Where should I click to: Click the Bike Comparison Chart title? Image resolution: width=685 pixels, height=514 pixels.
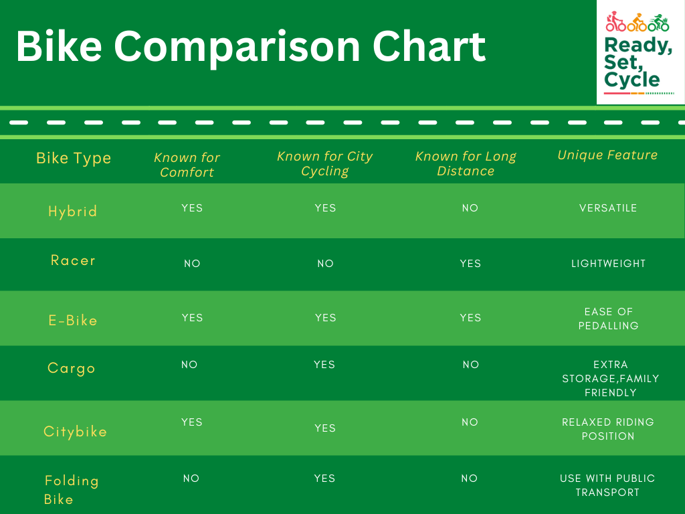pyautogui.click(x=251, y=48)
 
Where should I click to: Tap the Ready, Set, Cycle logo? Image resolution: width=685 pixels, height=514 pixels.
pyautogui.click(x=640, y=52)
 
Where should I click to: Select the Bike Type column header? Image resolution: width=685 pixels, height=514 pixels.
pyautogui.click(x=74, y=158)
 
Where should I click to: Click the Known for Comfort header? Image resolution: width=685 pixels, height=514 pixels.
pyautogui.click(x=187, y=165)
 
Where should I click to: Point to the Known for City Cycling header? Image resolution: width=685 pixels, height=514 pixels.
pyautogui.click(x=325, y=163)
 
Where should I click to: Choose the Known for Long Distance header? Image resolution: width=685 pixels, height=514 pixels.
pyautogui.click(x=466, y=163)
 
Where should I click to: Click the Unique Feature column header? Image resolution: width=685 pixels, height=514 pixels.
pyautogui.click(x=607, y=155)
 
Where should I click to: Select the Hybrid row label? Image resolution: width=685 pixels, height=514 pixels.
pyautogui.click(x=72, y=211)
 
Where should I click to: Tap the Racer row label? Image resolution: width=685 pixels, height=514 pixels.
pyautogui.click(x=73, y=260)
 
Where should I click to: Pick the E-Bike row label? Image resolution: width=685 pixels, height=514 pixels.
pyautogui.click(x=73, y=321)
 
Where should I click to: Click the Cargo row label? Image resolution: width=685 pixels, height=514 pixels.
pyautogui.click(x=71, y=369)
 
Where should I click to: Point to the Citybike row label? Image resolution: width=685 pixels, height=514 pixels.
pyautogui.click(x=75, y=432)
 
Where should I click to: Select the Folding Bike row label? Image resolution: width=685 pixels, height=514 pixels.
pyautogui.click(x=72, y=490)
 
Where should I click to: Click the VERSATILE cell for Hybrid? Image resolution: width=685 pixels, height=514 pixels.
pyautogui.click(x=608, y=208)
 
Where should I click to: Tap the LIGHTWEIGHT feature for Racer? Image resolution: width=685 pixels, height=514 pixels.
pyautogui.click(x=609, y=264)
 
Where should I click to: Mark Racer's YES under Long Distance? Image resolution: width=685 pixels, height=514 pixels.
pyautogui.click(x=470, y=264)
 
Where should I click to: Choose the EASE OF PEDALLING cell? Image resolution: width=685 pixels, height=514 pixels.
pyautogui.click(x=609, y=319)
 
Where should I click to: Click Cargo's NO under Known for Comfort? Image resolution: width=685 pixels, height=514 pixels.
pyautogui.click(x=189, y=365)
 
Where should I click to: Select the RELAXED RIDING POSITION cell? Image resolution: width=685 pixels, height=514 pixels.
pyautogui.click(x=608, y=429)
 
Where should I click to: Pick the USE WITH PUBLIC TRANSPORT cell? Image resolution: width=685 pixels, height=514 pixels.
pyautogui.click(x=607, y=485)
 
